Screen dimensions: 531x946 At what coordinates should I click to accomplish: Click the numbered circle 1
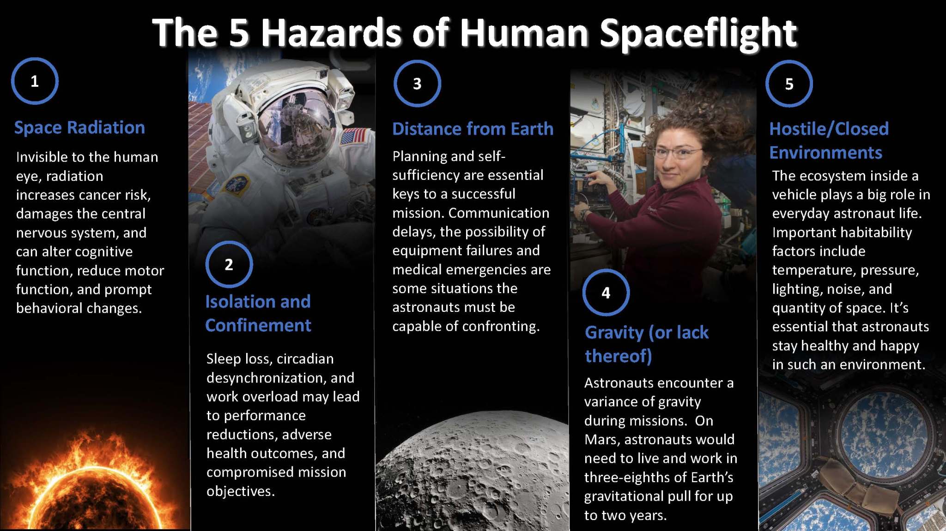35,81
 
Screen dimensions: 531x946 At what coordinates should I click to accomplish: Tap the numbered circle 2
229,264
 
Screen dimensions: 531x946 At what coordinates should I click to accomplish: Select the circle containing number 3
417,84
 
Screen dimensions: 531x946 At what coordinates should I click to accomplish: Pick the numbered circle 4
606,292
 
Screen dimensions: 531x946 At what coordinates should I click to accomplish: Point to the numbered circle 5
789,84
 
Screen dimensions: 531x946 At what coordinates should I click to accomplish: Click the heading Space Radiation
79,128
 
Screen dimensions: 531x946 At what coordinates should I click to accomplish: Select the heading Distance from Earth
473,129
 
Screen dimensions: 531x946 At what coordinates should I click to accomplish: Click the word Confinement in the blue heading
258,326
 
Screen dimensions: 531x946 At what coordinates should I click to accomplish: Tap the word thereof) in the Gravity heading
619,356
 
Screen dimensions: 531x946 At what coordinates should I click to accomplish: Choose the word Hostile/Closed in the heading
829,129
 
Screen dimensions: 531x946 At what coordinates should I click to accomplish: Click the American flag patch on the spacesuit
353,137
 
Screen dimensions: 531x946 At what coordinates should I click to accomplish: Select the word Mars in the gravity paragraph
602,440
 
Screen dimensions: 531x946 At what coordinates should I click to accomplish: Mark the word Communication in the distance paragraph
499,213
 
